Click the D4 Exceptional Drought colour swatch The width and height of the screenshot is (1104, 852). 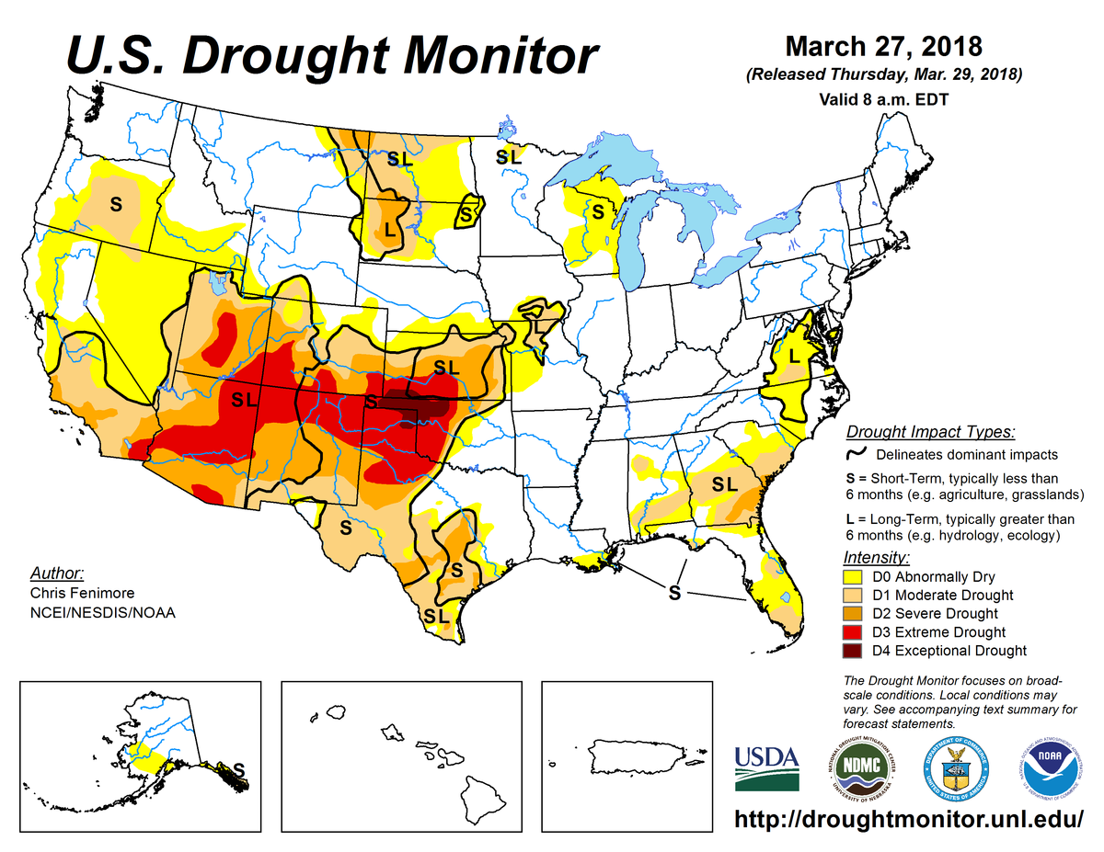click(853, 651)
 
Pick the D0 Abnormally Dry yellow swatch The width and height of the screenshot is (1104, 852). click(853, 577)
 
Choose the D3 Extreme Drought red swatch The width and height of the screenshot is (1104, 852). click(853, 632)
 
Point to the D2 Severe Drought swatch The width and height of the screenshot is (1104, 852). click(853, 614)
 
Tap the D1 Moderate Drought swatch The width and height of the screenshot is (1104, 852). click(853, 596)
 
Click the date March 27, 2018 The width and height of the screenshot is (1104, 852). click(884, 46)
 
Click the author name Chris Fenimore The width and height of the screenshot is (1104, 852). click(84, 594)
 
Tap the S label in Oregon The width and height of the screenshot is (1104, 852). click(116, 203)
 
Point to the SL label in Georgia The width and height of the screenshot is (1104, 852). click(724, 483)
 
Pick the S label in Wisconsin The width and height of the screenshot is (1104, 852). click(597, 212)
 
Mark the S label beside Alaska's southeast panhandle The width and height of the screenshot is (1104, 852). click(239, 767)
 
